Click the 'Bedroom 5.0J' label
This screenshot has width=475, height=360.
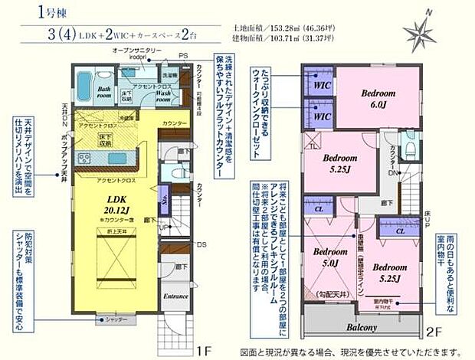(x=329, y=257)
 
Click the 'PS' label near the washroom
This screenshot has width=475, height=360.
(x=184, y=55)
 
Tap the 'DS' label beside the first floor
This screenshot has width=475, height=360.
(x=201, y=244)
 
